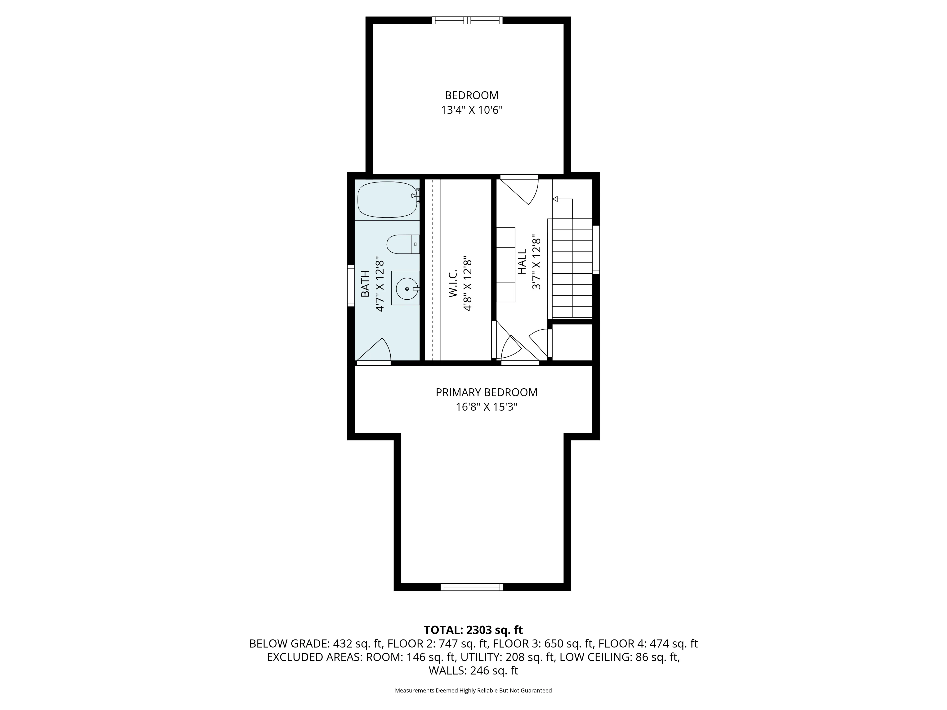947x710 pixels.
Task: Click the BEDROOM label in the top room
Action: pos(471,95)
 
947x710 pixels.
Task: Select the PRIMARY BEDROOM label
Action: pos(486,392)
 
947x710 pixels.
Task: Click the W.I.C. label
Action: pos(453,283)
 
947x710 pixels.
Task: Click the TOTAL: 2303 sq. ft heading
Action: pos(473,630)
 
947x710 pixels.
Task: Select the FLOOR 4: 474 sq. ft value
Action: pos(648,644)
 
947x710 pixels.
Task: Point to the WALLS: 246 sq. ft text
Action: pos(473,671)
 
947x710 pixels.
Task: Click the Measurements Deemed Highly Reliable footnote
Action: pos(473,690)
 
